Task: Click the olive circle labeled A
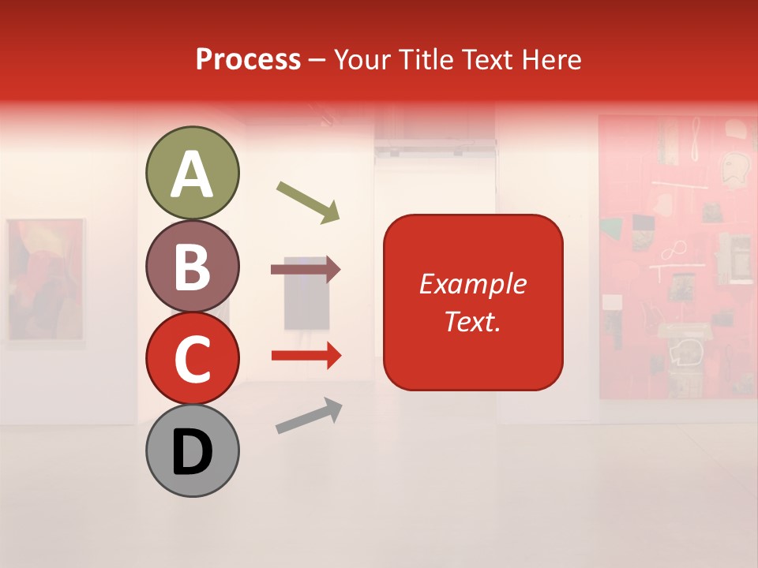[192, 173]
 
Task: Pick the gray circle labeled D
[192, 450]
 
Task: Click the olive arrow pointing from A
[308, 202]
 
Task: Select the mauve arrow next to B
[306, 270]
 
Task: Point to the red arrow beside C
[306, 356]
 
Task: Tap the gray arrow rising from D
[309, 416]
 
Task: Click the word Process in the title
[248, 59]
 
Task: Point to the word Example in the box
[472, 284]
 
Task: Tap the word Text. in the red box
[472, 321]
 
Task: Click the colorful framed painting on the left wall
[45, 280]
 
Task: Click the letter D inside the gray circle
[192, 452]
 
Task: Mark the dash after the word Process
[317, 60]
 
